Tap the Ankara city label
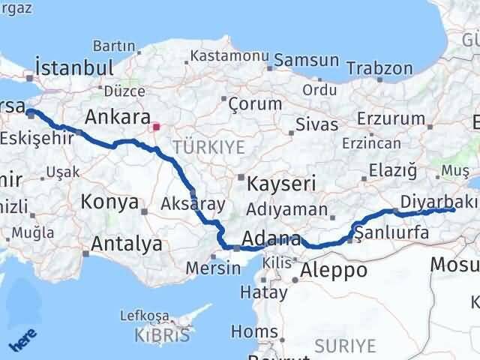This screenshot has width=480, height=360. [118, 117]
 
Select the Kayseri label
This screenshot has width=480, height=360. [277, 183]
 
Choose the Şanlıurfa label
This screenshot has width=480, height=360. [393, 232]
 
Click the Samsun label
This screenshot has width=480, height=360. [306, 59]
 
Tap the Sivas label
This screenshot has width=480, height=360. [312, 123]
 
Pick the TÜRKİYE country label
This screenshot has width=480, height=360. [208, 147]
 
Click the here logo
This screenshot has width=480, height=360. [23, 341]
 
